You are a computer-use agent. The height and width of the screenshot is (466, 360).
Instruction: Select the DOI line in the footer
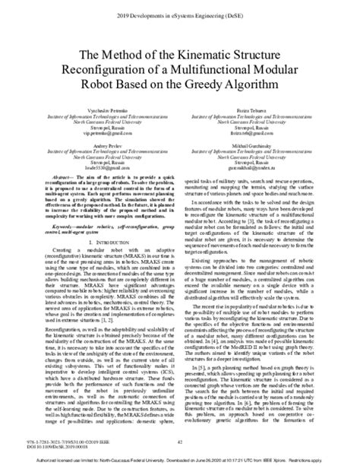46,449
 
